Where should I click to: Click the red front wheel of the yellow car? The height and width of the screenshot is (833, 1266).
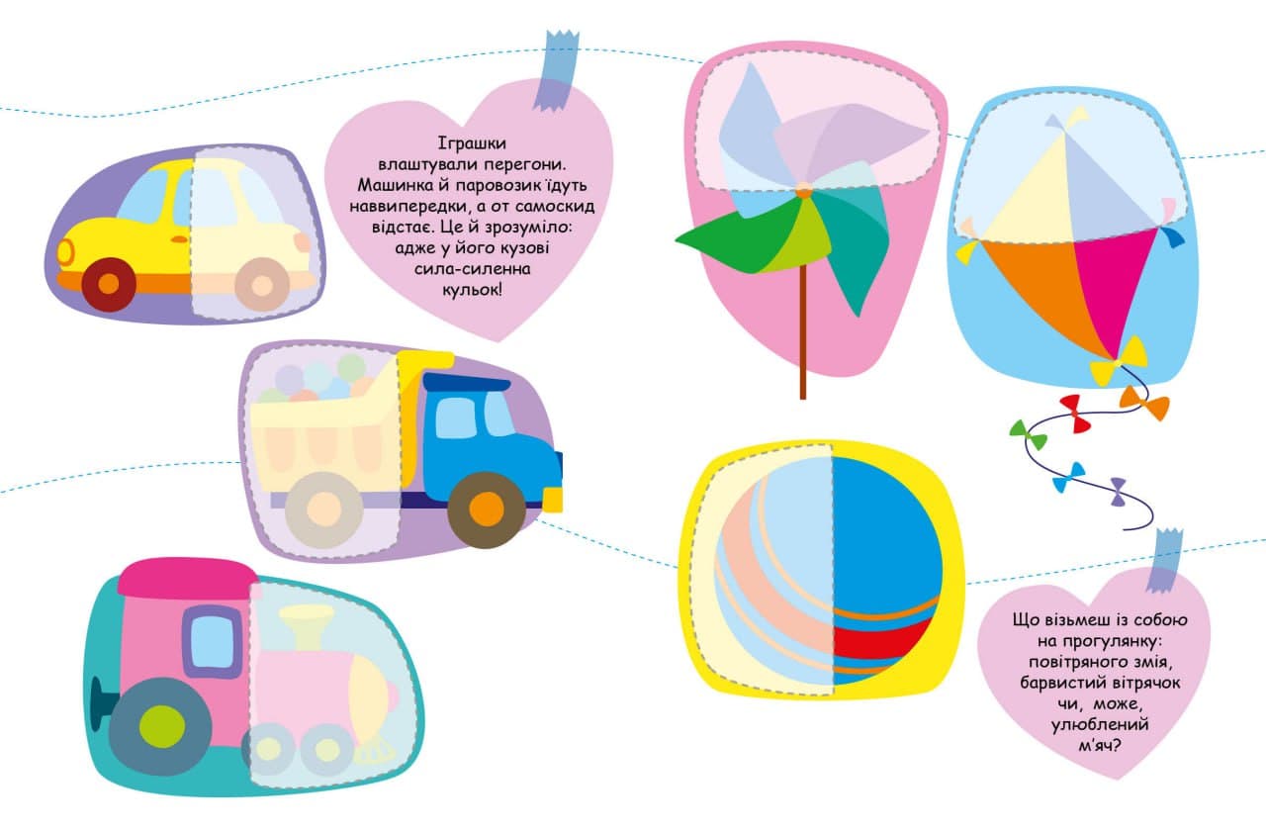pos(109,284)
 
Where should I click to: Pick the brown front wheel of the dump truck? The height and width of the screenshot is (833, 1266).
pos(486,509)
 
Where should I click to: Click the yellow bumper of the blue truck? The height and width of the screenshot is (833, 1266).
pos(552,500)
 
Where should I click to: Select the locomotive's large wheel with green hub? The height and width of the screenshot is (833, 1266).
pos(147,726)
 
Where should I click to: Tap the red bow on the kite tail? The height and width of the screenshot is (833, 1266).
pos(1074,414)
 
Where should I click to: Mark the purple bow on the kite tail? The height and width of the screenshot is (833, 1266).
pos(1118,491)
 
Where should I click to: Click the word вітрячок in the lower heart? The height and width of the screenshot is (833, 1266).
pos(1141,684)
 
